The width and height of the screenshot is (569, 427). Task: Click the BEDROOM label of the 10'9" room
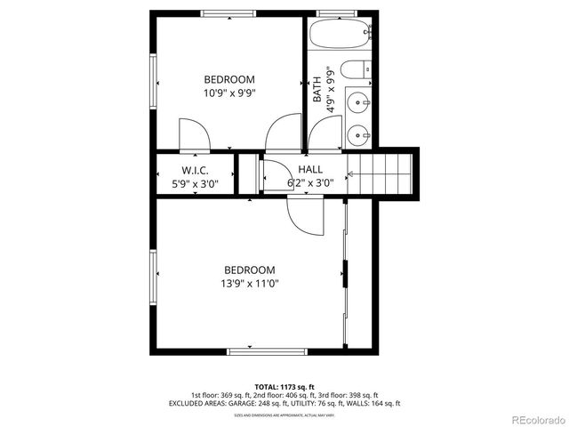coord(229,78)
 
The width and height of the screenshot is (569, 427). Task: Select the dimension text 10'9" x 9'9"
coord(229,92)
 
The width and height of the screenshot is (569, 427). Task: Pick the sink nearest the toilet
coord(360,102)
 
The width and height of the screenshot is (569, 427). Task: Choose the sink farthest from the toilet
coord(360,135)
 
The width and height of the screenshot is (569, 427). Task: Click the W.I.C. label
coord(195,170)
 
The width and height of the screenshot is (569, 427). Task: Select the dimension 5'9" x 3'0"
coord(195,183)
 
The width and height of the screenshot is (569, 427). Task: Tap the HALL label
coord(310,170)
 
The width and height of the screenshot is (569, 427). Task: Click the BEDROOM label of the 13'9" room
coord(249,270)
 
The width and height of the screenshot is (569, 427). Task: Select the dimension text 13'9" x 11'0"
coord(249,284)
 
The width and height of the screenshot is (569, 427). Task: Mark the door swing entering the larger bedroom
coord(305,215)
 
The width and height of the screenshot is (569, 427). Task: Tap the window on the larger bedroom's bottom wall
coord(267,351)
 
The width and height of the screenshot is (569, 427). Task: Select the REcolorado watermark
coord(535,419)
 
